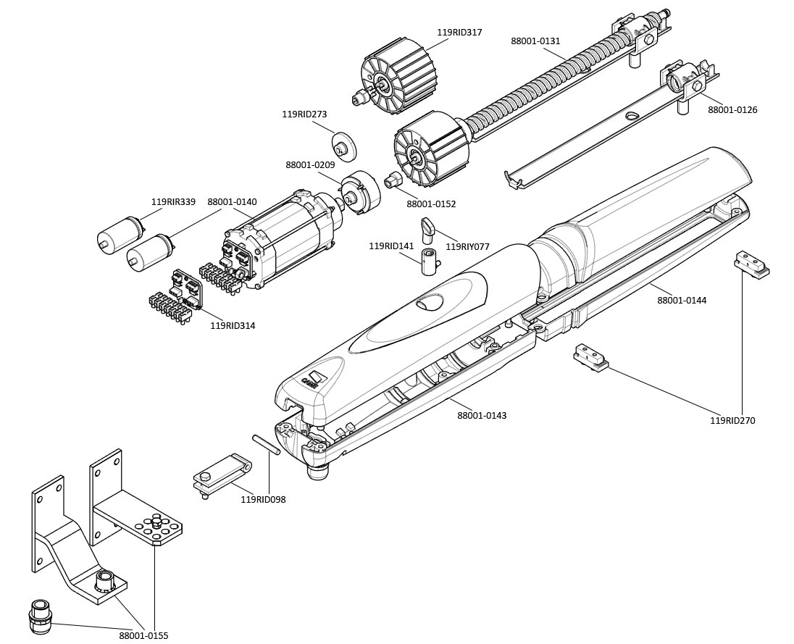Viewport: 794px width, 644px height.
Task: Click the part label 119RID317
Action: click(459, 33)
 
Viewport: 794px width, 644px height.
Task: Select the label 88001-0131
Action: click(535, 41)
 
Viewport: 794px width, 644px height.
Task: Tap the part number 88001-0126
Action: click(732, 110)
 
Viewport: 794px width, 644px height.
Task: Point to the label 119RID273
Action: click(304, 114)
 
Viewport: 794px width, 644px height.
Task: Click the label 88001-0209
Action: click(310, 165)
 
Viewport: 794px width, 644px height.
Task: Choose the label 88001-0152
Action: click(431, 204)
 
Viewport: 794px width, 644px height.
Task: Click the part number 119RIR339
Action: click(173, 202)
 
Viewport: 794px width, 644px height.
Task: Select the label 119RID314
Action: click(233, 326)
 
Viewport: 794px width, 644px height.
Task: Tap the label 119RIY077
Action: click(467, 247)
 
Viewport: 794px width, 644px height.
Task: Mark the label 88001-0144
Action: click(682, 300)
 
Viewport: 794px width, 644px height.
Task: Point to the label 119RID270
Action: click(732, 420)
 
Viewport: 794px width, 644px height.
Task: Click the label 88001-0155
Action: click(143, 635)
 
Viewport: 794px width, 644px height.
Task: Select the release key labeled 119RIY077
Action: click(428, 227)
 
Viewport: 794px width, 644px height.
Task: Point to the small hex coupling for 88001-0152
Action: click(393, 180)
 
